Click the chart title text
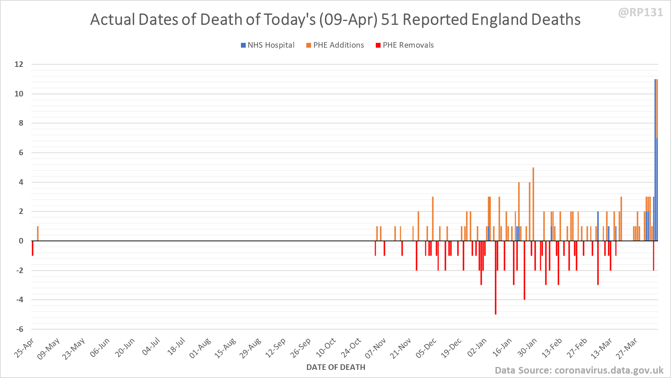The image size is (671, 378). click(x=335, y=20)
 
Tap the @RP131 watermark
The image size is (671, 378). click(x=640, y=13)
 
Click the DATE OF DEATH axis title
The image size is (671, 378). click(x=335, y=367)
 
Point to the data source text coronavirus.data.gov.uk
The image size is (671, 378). click(x=579, y=370)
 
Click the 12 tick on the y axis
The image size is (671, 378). click(x=19, y=64)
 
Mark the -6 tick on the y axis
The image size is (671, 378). click(x=20, y=329)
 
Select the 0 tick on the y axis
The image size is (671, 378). click(x=21, y=241)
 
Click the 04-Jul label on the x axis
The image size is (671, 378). click(x=151, y=347)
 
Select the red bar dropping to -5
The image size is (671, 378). click(x=495, y=277)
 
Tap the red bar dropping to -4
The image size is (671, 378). click(x=524, y=270)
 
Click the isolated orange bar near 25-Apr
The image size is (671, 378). click(x=38, y=234)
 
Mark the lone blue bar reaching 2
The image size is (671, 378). click(x=598, y=226)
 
